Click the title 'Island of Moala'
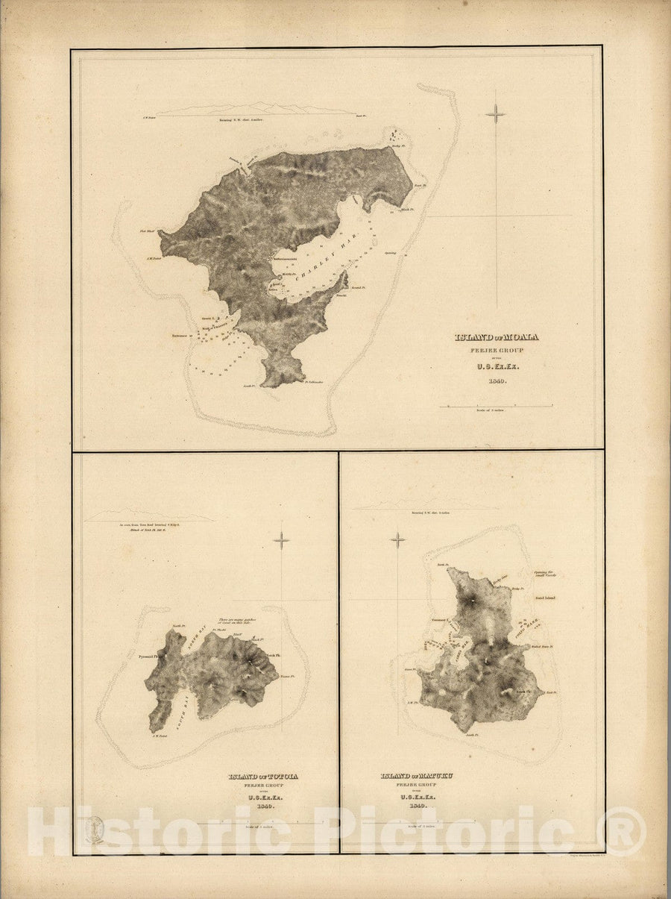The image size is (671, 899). (x=497, y=336)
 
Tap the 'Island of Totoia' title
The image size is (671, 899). (x=262, y=777)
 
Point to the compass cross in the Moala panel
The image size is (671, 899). (x=495, y=114)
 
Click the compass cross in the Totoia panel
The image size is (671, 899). (x=281, y=540)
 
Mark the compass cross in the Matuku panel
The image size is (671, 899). (x=398, y=540)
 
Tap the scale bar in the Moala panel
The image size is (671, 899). (x=496, y=407)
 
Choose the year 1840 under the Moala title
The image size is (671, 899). (x=497, y=381)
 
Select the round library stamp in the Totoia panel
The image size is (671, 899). (x=94, y=830)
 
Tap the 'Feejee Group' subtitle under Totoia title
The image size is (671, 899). (x=262, y=786)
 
